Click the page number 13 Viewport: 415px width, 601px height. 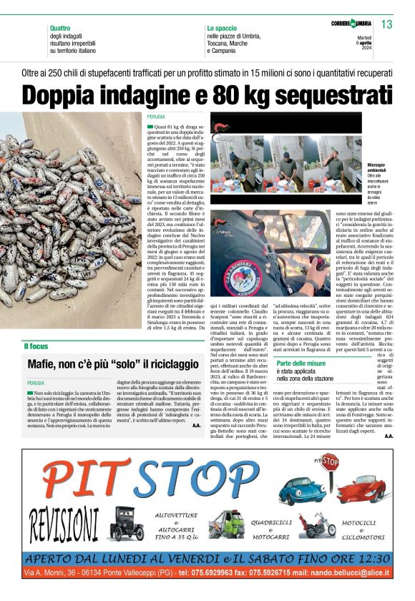(387, 25)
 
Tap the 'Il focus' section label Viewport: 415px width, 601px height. (36, 346)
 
